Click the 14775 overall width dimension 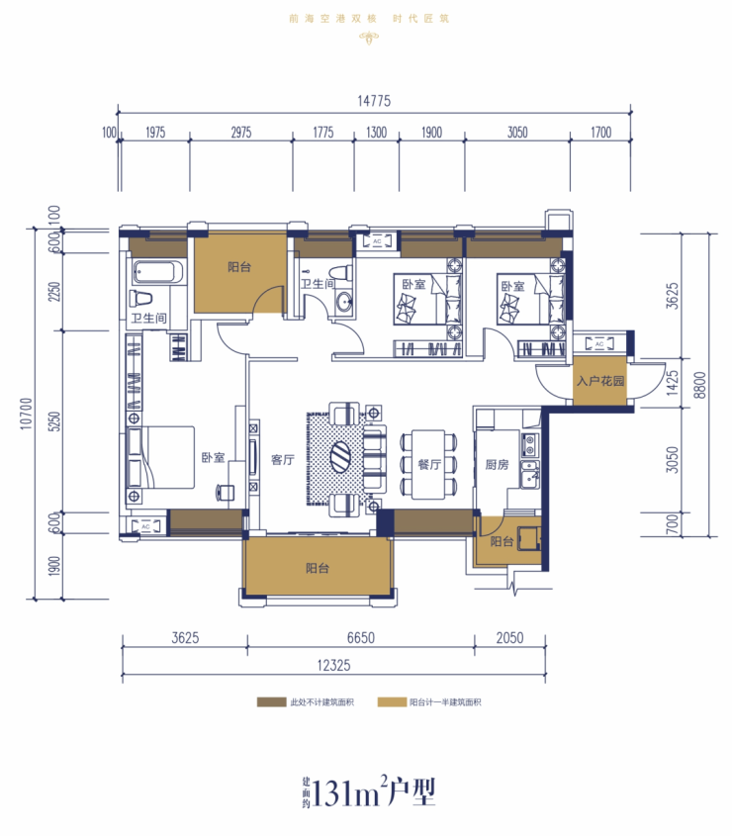(374, 101)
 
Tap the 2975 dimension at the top (241, 133)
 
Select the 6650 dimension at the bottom (361, 638)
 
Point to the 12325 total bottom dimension (333, 666)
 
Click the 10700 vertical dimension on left (26, 414)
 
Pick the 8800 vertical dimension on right (700, 385)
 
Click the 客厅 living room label (283, 460)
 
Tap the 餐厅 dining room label (429, 464)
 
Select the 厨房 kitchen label (497, 465)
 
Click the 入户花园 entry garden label (599, 381)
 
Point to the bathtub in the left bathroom (158, 272)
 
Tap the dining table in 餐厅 (428, 464)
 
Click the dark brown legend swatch (271, 702)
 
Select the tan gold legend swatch (392, 702)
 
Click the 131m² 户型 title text (369, 792)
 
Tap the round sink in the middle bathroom (343, 303)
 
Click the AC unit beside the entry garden (599, 344)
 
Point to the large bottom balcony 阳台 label (318, 568)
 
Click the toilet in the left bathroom (140, 299)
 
